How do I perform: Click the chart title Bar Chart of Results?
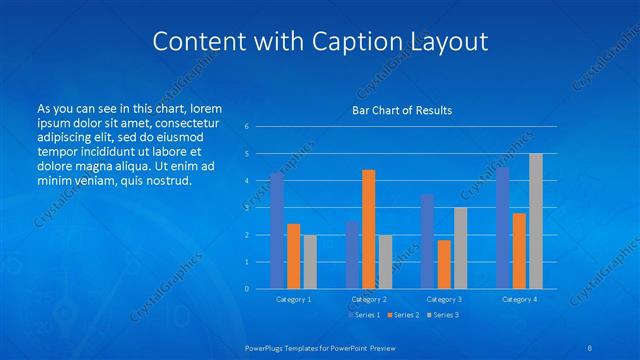(402, 110)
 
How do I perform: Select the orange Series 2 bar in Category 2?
(368, 229)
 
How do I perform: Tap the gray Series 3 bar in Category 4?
(535, 221)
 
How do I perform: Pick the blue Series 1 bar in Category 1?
(277, 231)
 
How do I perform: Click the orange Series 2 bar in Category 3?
(443, 264)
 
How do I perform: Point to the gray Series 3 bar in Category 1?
(310, 262)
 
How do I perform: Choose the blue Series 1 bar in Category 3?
(427, 241)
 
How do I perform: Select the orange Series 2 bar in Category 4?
(519, 251)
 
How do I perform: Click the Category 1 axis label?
(293, 299)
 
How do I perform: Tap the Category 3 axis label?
(444, 299)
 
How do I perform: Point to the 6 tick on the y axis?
(246, 127)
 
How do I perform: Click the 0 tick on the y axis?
(246, 289)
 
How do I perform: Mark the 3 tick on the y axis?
(246, 208)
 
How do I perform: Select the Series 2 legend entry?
(402, 316)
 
